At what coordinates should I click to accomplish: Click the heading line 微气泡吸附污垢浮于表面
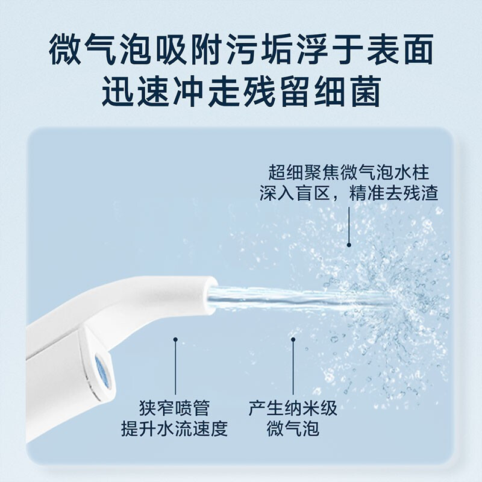click(x=241, y=51)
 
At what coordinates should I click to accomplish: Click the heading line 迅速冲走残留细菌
click(x=241, y=93)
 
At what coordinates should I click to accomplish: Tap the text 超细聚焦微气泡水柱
click(x=349, y=173)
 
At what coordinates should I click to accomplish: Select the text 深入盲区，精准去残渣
click(x=349, y=193)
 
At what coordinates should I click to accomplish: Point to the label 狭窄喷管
click(x=175, y=408)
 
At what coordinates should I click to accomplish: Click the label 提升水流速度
click(x=175, y=430)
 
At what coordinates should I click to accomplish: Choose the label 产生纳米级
click(x=293, y=408)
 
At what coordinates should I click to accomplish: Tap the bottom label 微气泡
click(x=293, y=430)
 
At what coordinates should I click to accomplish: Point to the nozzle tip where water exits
click(x=211, y=295)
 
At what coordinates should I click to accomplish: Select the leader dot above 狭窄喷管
click(x=175, y=340)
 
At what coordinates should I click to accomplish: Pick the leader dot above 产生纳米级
click(x=293, y=340)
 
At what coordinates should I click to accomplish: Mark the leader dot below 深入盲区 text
click(x=349, y=245)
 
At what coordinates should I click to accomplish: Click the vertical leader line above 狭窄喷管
click(x=175, y=368)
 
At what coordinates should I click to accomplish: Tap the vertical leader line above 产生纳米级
click(x=293, y=368)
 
